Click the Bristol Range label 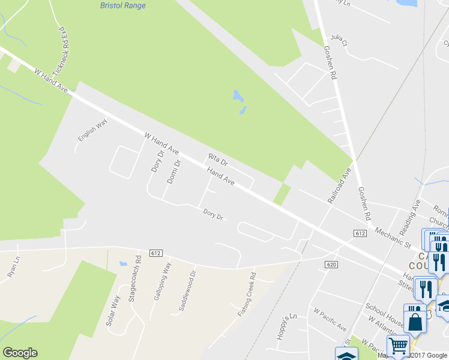click(122, 5)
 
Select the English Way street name click(92, 130)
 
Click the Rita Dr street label click(218, 160)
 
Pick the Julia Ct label click(339, 40)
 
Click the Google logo click(20, 353)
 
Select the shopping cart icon click(398, 346)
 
